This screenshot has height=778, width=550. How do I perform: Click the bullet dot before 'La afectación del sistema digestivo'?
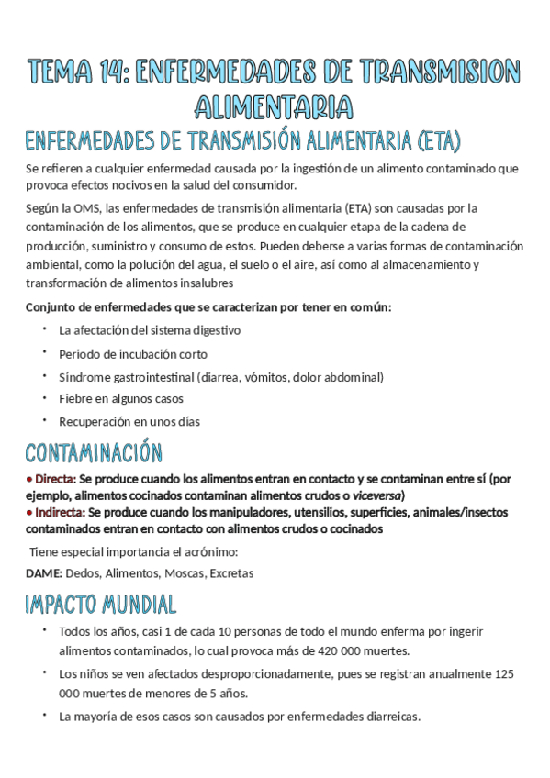tap(43, 328)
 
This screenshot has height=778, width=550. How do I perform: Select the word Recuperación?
tap(95, 422)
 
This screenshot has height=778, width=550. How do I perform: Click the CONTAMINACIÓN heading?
tap(94, 453)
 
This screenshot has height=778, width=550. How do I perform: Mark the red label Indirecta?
tap(58, 512)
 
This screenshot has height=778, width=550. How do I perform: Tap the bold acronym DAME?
tap(44, 573)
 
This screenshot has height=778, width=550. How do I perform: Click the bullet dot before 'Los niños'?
tap(43, 672)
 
